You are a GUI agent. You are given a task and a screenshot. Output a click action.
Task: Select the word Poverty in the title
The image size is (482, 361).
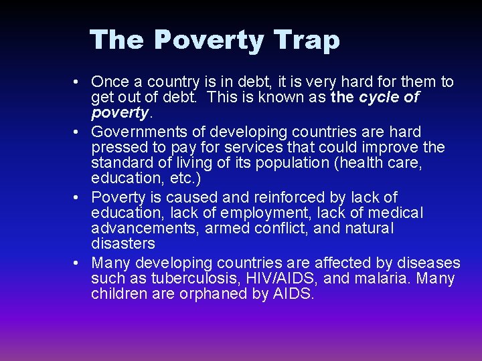(x=209, y=40)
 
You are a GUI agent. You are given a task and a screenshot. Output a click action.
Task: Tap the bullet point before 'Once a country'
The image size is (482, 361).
(x=79, y=82)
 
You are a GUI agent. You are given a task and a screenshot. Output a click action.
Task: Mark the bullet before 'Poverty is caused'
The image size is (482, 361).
(x=79, y=197)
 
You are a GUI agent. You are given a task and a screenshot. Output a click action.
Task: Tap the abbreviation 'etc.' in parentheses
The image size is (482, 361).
(x=185, y=180)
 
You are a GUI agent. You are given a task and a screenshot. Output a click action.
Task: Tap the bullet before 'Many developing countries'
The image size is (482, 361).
(x=79, y=262)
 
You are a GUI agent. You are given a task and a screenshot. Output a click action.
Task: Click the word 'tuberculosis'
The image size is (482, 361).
(x=175, y=278)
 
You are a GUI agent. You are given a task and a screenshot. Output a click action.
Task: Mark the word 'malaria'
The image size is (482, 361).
(x=360, y=278)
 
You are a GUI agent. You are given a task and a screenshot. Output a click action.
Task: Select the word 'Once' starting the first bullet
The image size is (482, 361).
(x=110, y=82)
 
